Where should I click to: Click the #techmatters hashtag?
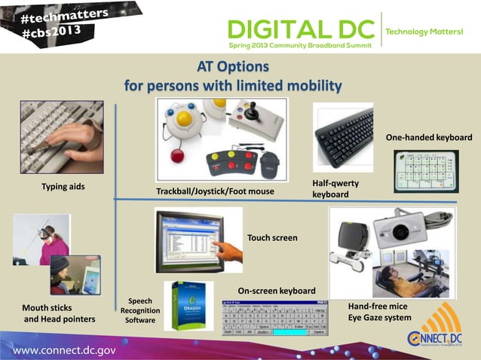coord(60,16)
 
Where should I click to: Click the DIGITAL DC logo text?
coord(301,30)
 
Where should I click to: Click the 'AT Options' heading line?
coord(232,67)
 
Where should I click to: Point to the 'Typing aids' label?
coord(63,186)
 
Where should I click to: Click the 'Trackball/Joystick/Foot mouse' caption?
coord(215,191)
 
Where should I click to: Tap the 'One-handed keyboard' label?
coord(429,138)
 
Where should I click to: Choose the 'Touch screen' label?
coord(272,238)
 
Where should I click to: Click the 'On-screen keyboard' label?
coord(277,291)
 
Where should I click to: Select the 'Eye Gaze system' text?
coord(379,318)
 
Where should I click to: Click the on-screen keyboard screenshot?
coord(274,318)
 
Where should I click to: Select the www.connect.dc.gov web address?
coord(64,349)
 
